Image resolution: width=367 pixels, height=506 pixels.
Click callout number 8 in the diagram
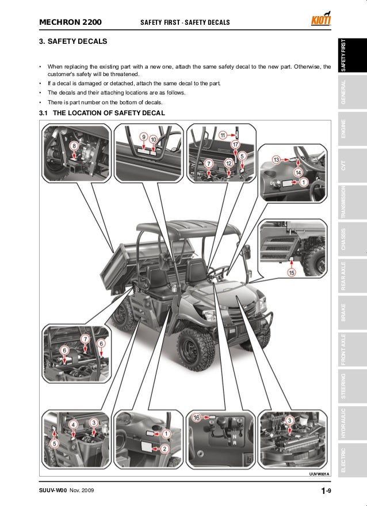pos(73,146)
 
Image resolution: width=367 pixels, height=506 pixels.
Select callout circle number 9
pos(144,137)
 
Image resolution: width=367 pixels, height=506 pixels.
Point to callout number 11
pos(222,135)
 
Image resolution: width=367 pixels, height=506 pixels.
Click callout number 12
pos(228,164)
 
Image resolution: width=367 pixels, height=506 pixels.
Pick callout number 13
pos(276,159)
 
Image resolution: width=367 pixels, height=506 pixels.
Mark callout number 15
pos(292,272)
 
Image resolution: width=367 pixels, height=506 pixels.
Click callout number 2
pos(164,449)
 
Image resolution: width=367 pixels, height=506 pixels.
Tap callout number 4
pos(74,425)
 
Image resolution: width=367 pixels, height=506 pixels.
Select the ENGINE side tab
pos(343,131)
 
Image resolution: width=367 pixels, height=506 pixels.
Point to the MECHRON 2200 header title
pos(70,22)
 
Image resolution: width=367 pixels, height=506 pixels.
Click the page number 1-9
pos(326,490)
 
